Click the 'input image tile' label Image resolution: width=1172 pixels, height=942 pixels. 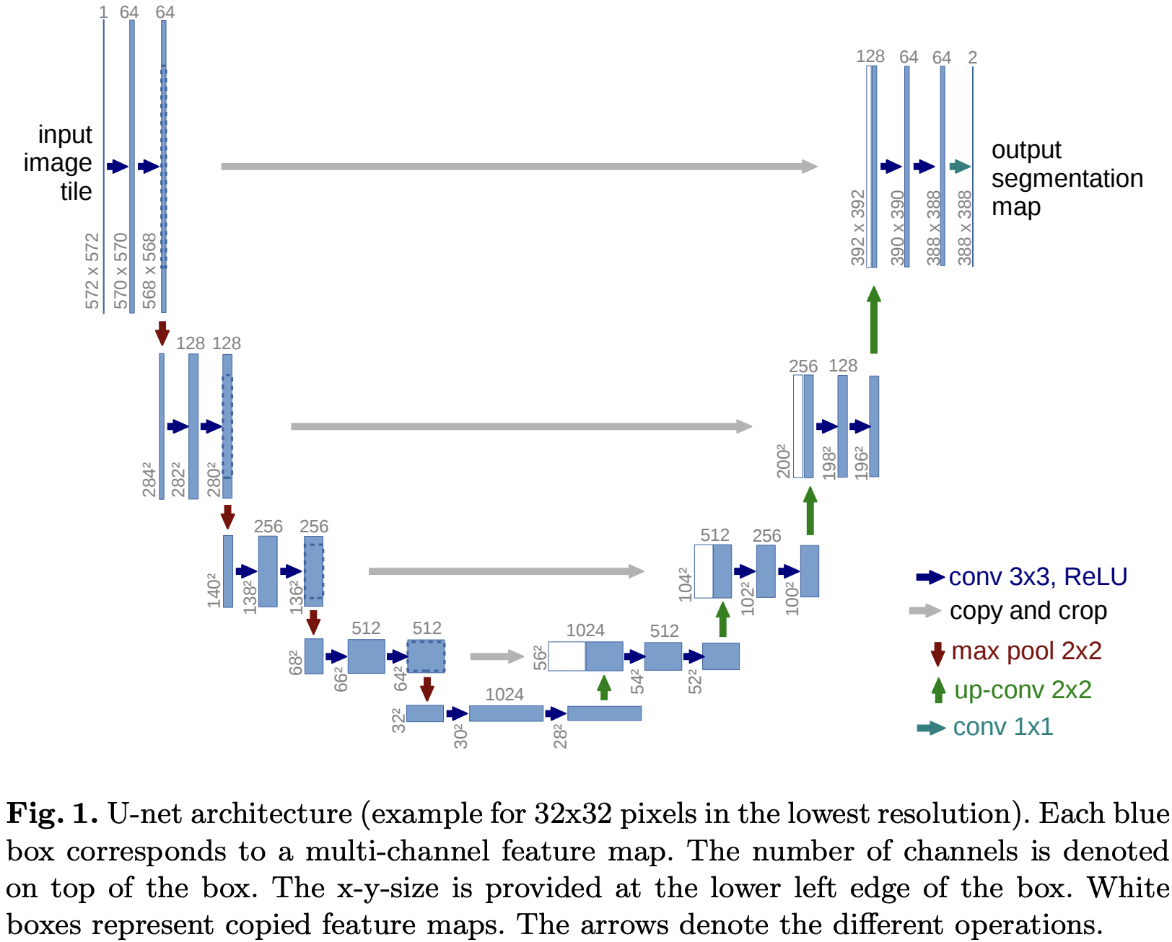click(x=59, y=163)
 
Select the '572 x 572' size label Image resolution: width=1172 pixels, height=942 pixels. click(x=92, y=271)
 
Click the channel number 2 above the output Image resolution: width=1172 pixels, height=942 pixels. click(x=972, y=58)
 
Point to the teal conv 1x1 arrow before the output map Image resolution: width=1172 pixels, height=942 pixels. click(x=960, y=167)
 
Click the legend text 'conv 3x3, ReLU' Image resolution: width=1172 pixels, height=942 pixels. click(x=1037, y=577)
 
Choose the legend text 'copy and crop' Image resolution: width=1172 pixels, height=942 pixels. click(x=1028, y=611)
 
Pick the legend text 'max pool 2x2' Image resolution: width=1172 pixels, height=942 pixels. click(x=1025, y=651)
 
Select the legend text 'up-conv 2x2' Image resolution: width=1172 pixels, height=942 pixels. click(x=1022, y=690)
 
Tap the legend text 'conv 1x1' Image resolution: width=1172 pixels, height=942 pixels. click(x=1002, y=727)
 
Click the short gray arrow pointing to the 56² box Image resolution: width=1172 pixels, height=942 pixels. click(x=497, y=656)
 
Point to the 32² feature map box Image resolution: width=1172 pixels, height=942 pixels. click(x=424, y=713)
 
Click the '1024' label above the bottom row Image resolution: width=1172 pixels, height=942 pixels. click(x=504, y=695)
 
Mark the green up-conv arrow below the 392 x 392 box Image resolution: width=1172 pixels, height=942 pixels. click(x=874, y=320)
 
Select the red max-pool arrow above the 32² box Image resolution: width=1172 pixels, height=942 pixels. click(x=427, y=689)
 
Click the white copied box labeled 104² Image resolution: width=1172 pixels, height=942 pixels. click(x=704, y=571)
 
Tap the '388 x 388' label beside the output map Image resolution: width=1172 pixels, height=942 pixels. click(x=965, y=228)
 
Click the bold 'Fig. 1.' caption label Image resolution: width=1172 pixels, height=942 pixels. click(x=52, y=814)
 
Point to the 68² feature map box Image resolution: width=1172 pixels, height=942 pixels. click(x=314, y=656)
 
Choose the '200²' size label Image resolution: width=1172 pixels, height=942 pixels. click(x=784, y=462)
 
